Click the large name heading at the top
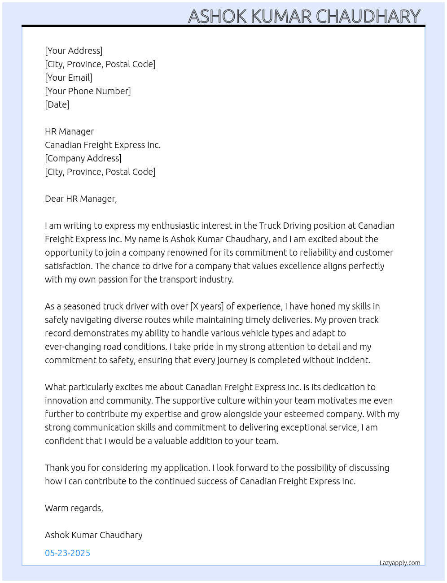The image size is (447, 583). click(x=304, y=16)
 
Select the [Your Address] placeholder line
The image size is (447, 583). click(x=74, y=51)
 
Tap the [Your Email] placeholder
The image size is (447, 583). click(x=69, y=78)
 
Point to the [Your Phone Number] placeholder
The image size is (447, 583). click(x=88, y=91)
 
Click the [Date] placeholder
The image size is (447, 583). click(x=57, y=104)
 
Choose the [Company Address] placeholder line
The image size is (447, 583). click(x=83, y=158)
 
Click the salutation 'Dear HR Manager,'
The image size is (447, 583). click(x=81, y=199)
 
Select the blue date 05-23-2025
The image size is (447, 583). click(x=67, y=553)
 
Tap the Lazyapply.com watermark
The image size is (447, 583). click(x=400, y=563)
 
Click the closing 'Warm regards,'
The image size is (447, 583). click(x=74, y=508)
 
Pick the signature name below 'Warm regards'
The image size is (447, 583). click(x=94, y=535)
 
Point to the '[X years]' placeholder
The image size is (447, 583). click(x=207, y=306)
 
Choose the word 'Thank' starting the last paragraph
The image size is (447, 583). click(x=57, y=468)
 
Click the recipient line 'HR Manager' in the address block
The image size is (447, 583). click(x=70, y=131)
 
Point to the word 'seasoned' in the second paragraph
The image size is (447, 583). click(x=82, y=306)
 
